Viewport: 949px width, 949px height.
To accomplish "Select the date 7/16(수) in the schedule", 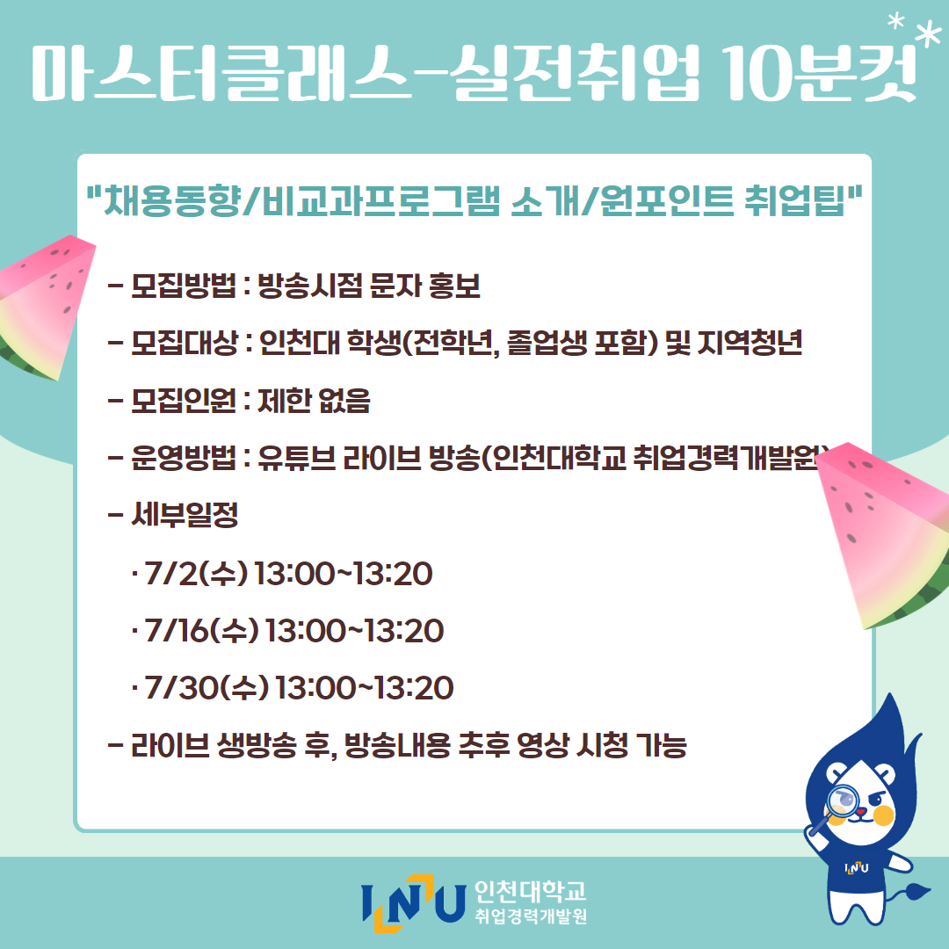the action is pyautogui.click(x=202, y=630).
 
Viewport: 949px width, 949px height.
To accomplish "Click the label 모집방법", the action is pyautogui.click(x=184, y=286).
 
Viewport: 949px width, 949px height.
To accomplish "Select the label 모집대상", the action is pyautogui.click(x=184, y=344).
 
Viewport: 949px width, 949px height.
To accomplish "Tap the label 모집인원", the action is pyautogui.click(x=184, y=400).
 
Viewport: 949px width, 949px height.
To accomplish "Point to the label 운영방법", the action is pyautogui.click(x=184, y=458).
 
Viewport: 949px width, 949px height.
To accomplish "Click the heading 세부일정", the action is pyautogui.click(x=185, y=515).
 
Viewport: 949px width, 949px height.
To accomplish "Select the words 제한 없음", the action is pyautogui.click(x=314, y=400).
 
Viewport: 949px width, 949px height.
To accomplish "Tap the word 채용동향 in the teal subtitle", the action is pyautogui.click(x=172, y=200).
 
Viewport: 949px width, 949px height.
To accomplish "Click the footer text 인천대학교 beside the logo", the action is pyautogui.click(x=530, y=891).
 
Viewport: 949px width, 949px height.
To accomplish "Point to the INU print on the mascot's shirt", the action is pyautogui.click(x=857, y=868).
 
